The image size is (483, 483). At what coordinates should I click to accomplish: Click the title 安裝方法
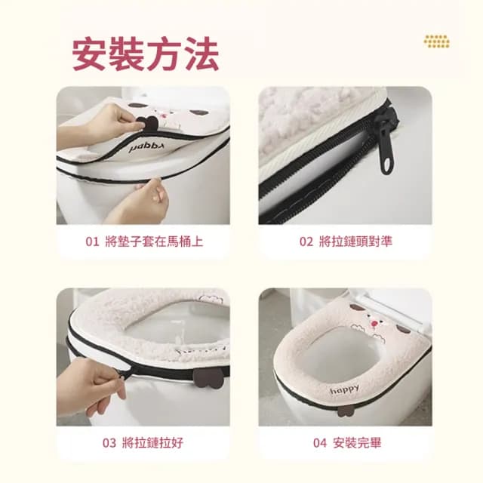(145, 54)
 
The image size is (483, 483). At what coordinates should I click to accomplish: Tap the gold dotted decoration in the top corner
(436, 41)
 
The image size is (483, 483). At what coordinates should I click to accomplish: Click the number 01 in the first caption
(91, 241)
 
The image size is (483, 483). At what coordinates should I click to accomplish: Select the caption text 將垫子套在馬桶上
(155, 241)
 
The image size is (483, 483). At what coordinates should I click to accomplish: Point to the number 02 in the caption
(306, 241)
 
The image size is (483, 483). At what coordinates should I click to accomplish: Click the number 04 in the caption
(319, 442)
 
